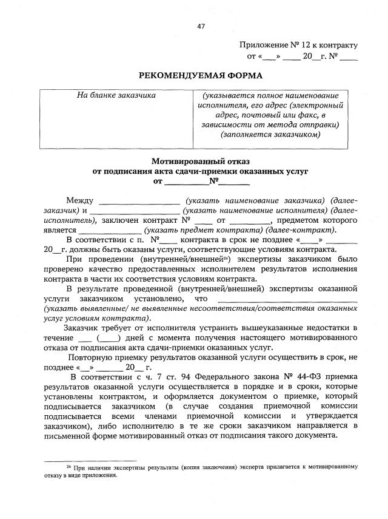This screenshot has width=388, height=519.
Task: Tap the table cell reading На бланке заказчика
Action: (x=116, y=95)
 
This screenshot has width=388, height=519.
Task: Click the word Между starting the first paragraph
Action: (x=81, y=201)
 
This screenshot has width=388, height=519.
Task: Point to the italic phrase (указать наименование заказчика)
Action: (x=254, y=201)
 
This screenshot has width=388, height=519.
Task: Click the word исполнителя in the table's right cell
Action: (x=226, y=105)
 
